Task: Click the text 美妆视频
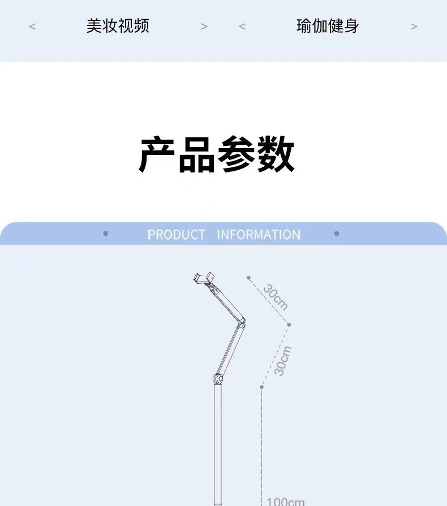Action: [118, 26]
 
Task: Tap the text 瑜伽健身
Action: [328, 26]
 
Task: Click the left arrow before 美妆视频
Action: [32, 27]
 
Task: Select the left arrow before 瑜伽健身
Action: [242, 27]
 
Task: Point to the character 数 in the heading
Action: [276, 155]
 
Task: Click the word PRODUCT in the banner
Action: [176, 235]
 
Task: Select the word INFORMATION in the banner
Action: [259, 235]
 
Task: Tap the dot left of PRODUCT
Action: [106, 233]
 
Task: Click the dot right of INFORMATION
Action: [337, 233]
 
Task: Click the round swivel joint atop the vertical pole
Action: [218, 378]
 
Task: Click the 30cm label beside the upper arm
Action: [276, 299]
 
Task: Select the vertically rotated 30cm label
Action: [282, 360]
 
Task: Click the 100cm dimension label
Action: [286, 501]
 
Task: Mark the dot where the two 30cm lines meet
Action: [289, 325]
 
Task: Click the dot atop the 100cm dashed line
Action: [261, 387]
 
